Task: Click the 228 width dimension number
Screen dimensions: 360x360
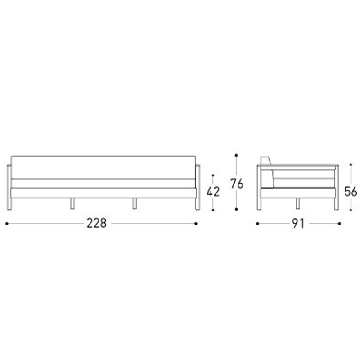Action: coord(96,223)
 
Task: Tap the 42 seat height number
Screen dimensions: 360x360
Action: coord(213,192)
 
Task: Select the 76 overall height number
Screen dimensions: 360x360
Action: coord(237,184)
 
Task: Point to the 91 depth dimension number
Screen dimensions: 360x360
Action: coord(298,223)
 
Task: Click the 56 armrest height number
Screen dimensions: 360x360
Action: coord(351,192)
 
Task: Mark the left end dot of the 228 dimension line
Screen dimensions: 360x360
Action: coord(7,223)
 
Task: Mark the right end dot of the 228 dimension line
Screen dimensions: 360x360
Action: coord(196,223)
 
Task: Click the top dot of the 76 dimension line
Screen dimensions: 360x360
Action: coord(236,155)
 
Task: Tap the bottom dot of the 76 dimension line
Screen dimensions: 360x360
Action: coord(236,209)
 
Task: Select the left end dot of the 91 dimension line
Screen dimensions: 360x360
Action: coord(257,223)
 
